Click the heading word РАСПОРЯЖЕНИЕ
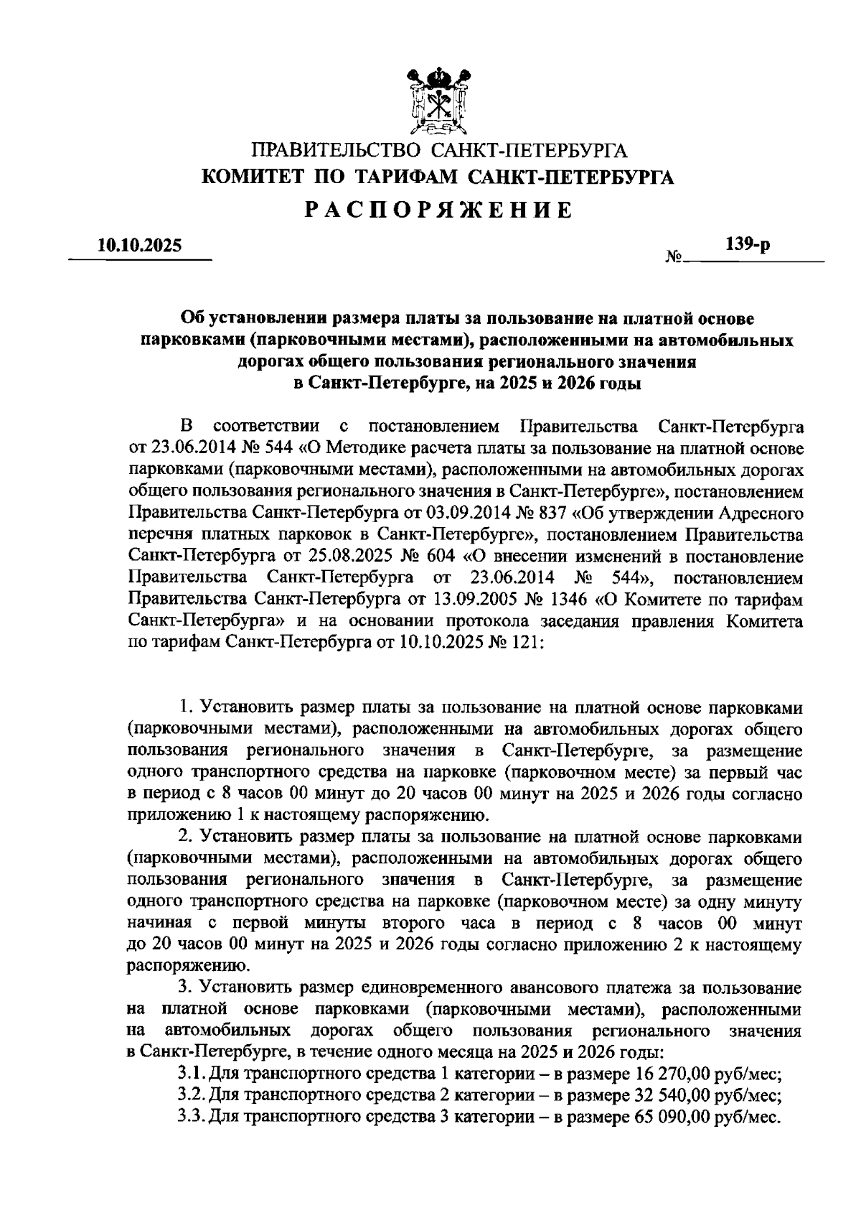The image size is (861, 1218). click(438, 210)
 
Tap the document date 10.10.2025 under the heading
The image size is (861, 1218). click(141, 246)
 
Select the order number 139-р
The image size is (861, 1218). click(747, 245)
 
